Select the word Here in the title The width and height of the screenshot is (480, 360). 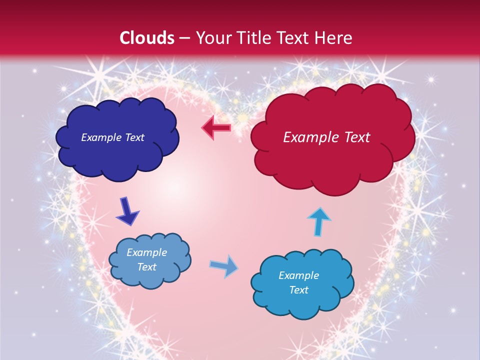click(x=336, y=38)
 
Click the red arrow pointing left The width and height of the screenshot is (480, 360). click(x=216, y=128)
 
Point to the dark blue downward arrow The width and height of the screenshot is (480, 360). click(x=127, y=211)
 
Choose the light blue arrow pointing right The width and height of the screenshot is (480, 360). click(x=224, y=266)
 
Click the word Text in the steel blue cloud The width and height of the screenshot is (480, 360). click(x=146, y=267)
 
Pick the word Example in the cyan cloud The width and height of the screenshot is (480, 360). click(x=298, y=275)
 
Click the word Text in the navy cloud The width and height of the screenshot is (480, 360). click(x=134, y=137)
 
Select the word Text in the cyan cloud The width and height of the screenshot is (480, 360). click(x=298, y=290)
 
